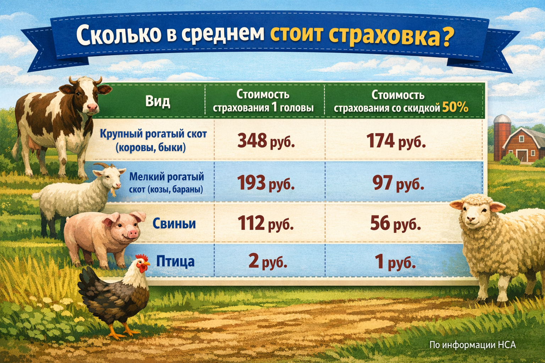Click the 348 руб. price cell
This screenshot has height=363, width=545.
pyautogui.click(x=266, y=141)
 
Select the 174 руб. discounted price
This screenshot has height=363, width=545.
pyautogui.click(x=396, y=141)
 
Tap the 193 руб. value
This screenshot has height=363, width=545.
pyautogui.click(x=266, y=183)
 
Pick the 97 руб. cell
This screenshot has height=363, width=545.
pyautogui.click(x=398, y=183)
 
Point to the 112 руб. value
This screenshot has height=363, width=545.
pyautogui.click(x=265, y=223)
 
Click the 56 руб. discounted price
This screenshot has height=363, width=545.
pyautogui.click(x=395, y=223)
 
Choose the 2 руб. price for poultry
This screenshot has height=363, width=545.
pyautogui.click(x=268, y=261)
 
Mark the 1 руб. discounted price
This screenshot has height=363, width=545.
pyautogui.click(x=395, y=262)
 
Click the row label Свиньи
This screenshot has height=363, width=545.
pyautogui.click(x=174, y=224)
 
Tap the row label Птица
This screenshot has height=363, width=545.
pyautogui.click(x=175, y=262)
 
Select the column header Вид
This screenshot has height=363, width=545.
pyautogui.click(x=158, y=101)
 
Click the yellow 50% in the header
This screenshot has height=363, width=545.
pyautogui.click(x=455, y=107)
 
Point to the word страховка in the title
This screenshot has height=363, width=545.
pyautogui.click(x=390, y=35)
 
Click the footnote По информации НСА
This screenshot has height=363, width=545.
pyautogui.click(x=472, y=345)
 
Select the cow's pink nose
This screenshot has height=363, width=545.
pyautogui.click(x=93, y=107)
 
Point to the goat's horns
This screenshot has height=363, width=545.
pyautogui.click(x=103, y=166)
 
